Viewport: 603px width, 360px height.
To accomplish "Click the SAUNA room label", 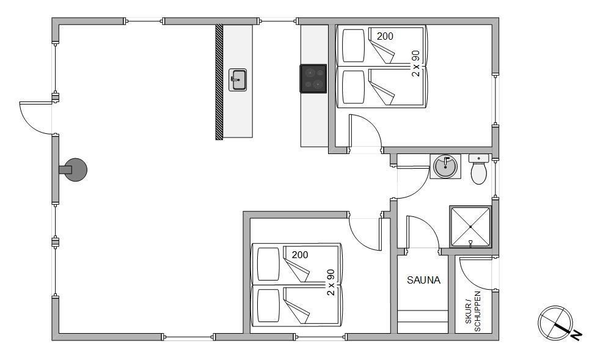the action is pyautogui.click(x=423, y=280).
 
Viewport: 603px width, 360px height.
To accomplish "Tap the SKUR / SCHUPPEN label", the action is pyautogui.click(x=473, y=312).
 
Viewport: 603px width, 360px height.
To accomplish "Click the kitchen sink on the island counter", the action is pyautogui.click(x=238, y=80).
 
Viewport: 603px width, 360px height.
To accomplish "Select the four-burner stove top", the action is pyautogui.click(x=313, y=78).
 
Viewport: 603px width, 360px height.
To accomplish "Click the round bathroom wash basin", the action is pyautogui.click(x=445, y=167).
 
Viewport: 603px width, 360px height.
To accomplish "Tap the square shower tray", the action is pyautogui.click(x=470, y=227).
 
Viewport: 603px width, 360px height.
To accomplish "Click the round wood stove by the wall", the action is pyautogui.click(x=76, y=170).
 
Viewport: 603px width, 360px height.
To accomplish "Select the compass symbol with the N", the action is pyautogui.click(x=557, y=323).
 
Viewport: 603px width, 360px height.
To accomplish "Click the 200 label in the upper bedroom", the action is pyautogui.click(x=385, y=36).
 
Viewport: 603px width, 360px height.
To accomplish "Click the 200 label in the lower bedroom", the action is pyautogui.click(x=300, y=255).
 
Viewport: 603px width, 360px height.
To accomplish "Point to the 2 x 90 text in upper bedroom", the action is pyautogui.click(x=415, y=64).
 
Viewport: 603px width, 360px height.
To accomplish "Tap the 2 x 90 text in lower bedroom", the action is pyautogui.click(x=331, y=282).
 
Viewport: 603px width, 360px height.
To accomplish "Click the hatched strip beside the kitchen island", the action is pyautogui.click(x=219, y=82).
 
